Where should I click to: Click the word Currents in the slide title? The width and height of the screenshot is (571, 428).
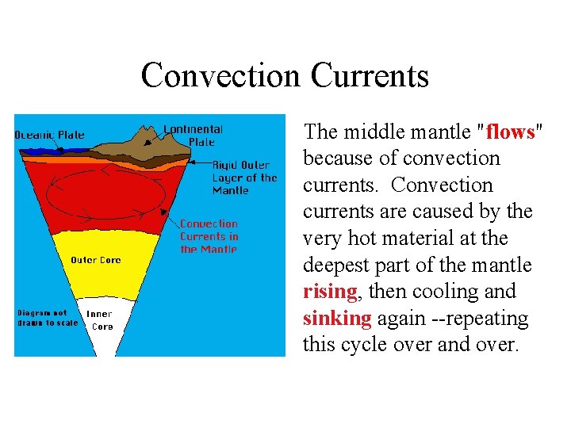pyautogui.click(x=370, y=76)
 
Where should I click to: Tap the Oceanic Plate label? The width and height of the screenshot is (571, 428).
pyautogui.click(x=50, y=135)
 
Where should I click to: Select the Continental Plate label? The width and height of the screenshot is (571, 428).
pyautogui.click(x=193, y=136)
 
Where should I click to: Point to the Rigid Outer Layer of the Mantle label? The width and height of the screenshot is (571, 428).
pyautogui.click(x=244, y=178)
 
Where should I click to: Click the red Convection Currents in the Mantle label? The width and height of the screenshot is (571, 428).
pyautogui.click(x=209, y=236)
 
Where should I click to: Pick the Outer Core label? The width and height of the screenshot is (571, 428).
pyautogui.click(x=96, y=260)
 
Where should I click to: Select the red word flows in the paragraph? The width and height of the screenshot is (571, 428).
pyautogui.click(x=512, y=132)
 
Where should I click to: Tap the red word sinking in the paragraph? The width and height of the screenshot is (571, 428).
pyautogui.click(x=337, y=319)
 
